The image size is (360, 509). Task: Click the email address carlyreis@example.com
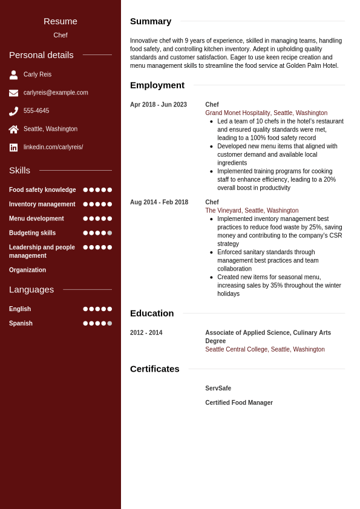pos(56,93)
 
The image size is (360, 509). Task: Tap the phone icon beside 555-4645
pos(13,111)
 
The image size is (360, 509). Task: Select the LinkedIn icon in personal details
pos(13,148)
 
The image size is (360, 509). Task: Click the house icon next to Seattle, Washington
pos(13,130)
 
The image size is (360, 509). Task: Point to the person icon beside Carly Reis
pos(13,75)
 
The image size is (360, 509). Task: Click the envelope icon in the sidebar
pos(13,93)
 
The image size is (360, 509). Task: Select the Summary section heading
pos(151,21)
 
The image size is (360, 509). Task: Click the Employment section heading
pos(157,85)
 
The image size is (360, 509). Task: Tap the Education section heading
pos(152,314)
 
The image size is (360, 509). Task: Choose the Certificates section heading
pos(155,369)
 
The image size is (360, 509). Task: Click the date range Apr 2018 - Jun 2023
pos(159,105)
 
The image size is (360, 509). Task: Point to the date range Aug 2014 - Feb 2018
pos(159,202)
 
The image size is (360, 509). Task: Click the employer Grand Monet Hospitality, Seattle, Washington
pos(266,113)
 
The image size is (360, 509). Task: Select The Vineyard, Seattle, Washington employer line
pos(252,211)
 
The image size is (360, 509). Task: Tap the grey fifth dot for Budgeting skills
pos(110,233)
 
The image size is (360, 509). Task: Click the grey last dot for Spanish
pos(110,323)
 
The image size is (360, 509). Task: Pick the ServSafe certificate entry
pos(218,389)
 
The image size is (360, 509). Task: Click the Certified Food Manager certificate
pos(239,403)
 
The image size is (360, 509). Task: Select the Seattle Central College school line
pos(265,350)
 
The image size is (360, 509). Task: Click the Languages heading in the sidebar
pos(31,290)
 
